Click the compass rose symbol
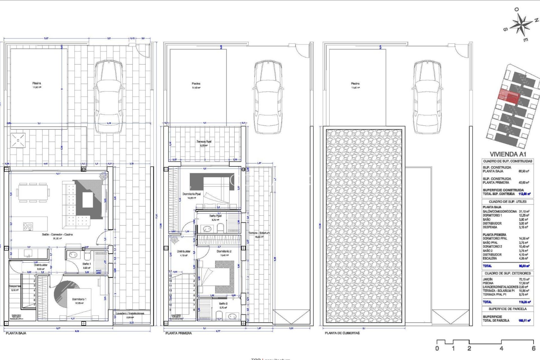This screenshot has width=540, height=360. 521,25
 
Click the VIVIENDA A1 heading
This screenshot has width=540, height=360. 508,154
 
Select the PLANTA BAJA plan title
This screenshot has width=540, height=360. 16,333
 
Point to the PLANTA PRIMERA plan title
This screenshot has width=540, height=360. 179,333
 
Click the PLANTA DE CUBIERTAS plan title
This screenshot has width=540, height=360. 342,333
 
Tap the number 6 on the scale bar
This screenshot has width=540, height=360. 533,348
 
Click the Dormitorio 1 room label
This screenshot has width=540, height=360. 79,299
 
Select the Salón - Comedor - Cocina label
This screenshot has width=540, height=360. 57,234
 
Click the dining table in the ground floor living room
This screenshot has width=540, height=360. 33,193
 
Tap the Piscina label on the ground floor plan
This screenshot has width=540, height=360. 37,83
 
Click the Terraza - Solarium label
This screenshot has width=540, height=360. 259,233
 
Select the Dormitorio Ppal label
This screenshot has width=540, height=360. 192,194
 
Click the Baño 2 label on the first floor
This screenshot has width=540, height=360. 223,304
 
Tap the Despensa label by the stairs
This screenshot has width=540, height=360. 15,286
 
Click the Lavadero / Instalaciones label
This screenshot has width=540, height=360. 130,313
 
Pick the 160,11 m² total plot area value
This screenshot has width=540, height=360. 524,320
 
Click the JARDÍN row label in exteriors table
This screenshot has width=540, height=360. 488,279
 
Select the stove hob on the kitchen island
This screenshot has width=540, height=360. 28,226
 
